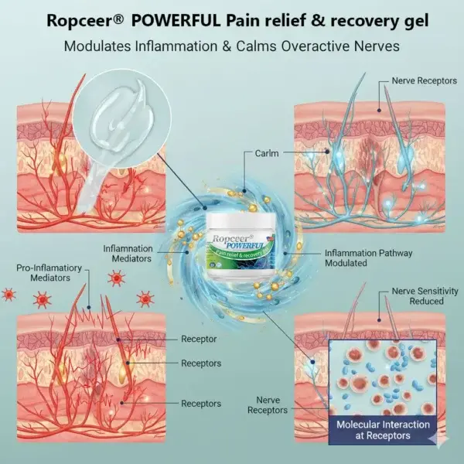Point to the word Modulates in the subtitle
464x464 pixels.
click(x=97, y=46)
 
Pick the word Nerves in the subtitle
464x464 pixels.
click(x=375, y=46)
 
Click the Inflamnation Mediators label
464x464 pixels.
click(x=132, y=254)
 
